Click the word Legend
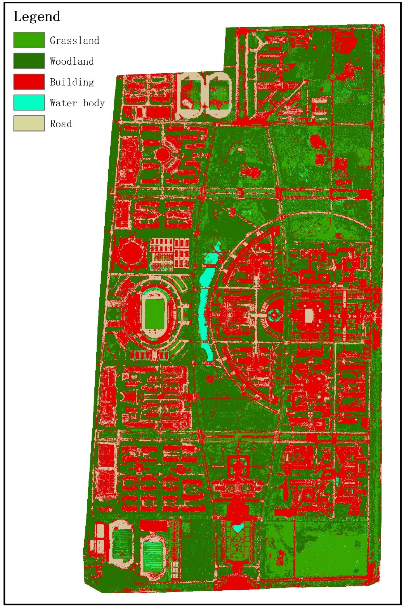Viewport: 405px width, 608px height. pyautogui.click(x=37, y=17)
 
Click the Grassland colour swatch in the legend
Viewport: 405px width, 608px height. pyautogui.click(x=29, y=40)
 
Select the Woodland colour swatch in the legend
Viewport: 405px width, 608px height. pyautogui.click(x=29, y=61)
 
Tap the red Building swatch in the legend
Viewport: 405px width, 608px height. pyautogui.click(x=29, y=82)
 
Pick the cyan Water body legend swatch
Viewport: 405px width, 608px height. pyautogui.click(x=29, y=103)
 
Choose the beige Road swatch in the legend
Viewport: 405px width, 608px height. pyautogui.click(x=29, y=124)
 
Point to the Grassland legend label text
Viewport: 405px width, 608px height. pyautogui.click(x=74, y=40)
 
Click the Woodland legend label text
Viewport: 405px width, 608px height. pyautogui.click(x=72, y=61)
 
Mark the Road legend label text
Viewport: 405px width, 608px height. pyautogui.click(x=61, y=124)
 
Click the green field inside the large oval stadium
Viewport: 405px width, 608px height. pyautogui.click(x=155, y=314)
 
